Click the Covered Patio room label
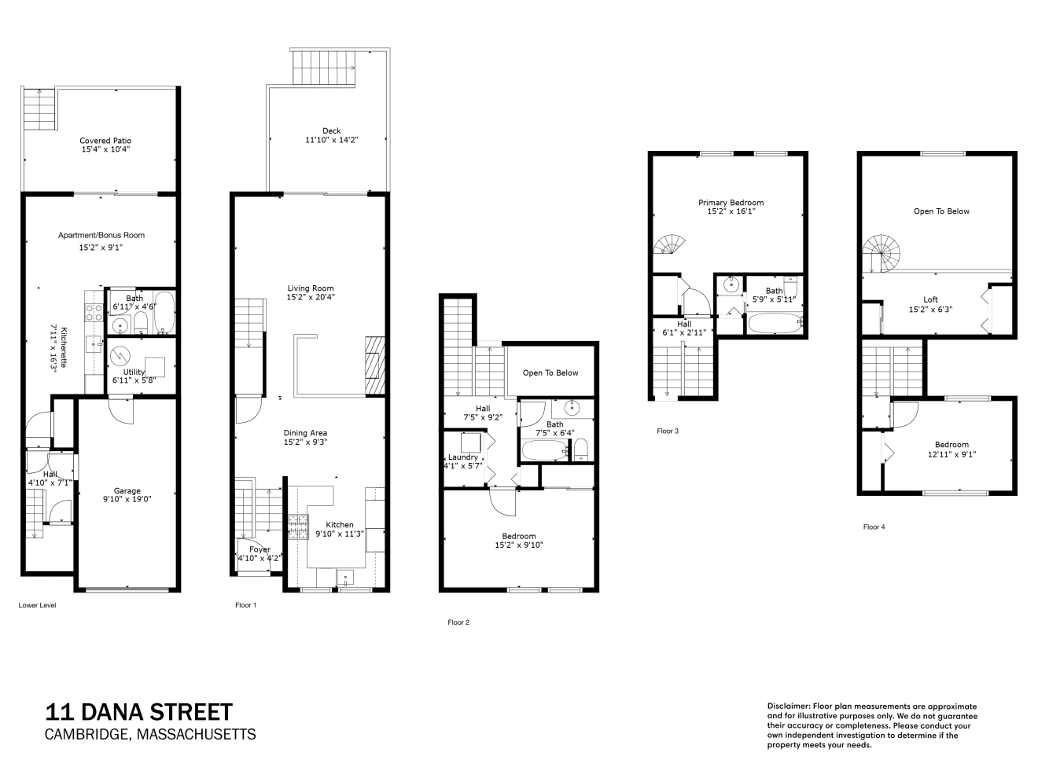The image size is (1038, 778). [x=105, y=141]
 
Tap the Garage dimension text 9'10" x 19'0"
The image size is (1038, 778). [x=127, y=499]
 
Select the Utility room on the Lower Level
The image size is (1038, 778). [x=141, y=365]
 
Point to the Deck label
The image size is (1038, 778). [x=332, y=130]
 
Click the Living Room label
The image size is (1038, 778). [x=311, y=288]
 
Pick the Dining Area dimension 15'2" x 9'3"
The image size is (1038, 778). [x=305, y=442]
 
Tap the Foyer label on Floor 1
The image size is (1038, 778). [x=259, y=549]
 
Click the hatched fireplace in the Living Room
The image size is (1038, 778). [x=375, y=365]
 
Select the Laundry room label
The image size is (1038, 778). [x=463, y=457]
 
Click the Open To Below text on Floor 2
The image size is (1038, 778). [x=550, y=372]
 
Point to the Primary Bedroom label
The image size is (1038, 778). [x=731, y=203]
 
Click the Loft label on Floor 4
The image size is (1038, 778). [x=930, y=299]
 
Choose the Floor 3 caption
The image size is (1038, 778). [x=668, y=431]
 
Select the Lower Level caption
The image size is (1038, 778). [x=38, y=605]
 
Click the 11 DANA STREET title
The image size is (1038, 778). [x=139, y=712]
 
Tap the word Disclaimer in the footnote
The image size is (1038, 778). [x=788, y=706]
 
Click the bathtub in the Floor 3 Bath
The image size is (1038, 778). [x=775, y=323]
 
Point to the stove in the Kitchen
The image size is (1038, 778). [x=298, y=527]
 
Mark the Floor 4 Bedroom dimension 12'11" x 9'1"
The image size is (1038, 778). [x=952, y=454]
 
